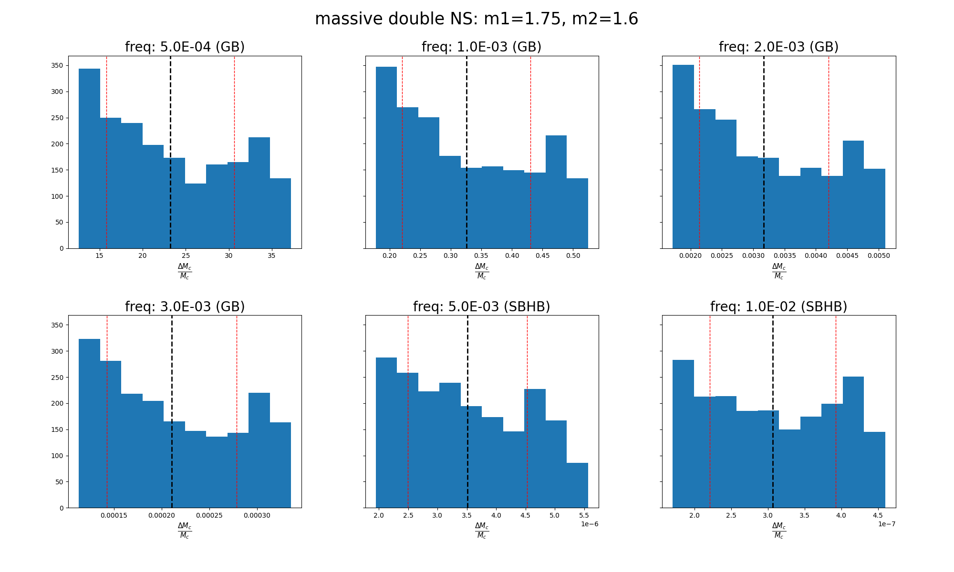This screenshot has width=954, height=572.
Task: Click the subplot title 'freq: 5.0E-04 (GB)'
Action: click(x=185, y=47)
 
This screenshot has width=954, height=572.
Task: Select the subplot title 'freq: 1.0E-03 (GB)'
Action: click(x=481, y=47)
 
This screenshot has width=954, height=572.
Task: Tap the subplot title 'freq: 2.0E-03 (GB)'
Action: click(x=778, y=47)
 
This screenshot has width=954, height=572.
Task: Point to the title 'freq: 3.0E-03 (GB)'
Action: click(x=185, y=306)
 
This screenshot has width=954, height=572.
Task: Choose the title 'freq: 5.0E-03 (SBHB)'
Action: click(x=481, y=306)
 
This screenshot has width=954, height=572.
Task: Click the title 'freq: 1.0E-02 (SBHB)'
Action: click(x=778, y=306)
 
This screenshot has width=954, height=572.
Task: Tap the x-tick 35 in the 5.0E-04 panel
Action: click(x=271, y=256)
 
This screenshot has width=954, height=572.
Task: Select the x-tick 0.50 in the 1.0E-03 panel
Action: click(x=573, y=256)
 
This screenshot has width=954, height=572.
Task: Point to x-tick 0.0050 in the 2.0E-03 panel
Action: click(x=879, y=256)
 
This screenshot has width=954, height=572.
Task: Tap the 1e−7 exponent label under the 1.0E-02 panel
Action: click(x=887, y=524)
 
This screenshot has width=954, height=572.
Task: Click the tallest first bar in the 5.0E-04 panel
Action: click(x=89, y=157)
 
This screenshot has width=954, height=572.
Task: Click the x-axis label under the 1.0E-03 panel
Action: click(x=482, y=271)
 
